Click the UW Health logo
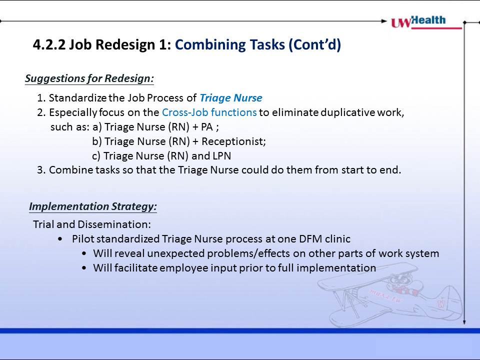pyautogui.click(x=426, y=22)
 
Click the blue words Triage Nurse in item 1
pyautogui.click(x=231, y=98)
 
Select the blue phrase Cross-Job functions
pyautogui.click(x=209, y=112)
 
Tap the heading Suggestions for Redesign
pyautogui.click(x=89, y=78)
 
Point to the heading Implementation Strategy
pyautogui.click(x=93, y=206)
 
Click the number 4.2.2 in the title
pyautogui.click(x=49, y=44)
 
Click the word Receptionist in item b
pyautogui.click(x=233, y=141)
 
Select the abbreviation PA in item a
pyautogui.click(x=206, y=126)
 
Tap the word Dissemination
pyautogui.click(x=114, y=224)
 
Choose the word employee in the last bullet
pyautogui.click(x=183, y=268)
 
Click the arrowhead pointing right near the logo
pyautogui.click(x=384, y=21)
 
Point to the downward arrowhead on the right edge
pyautogui.click(x=464, y=322)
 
